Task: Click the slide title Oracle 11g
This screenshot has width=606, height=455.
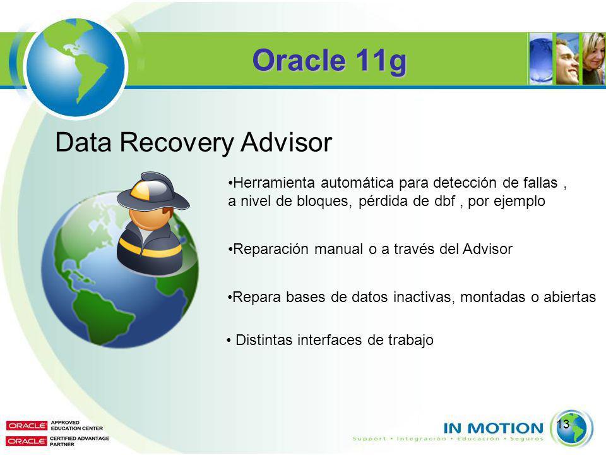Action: tap(330, 61)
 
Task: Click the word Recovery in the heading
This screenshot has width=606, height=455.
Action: tap(176, 143)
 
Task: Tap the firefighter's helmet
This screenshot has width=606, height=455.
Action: tap(153, 191)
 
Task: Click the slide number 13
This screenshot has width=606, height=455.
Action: tap(564, 424)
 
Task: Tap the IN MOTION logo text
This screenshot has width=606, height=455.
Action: tap(494, 428)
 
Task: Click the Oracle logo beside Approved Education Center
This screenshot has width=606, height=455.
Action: tap(27, 425)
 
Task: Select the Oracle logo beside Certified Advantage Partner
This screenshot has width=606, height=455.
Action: tap(27, 441)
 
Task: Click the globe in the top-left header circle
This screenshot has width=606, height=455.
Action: tap(76, 67)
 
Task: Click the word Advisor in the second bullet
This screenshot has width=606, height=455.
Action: tap(487, 249)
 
